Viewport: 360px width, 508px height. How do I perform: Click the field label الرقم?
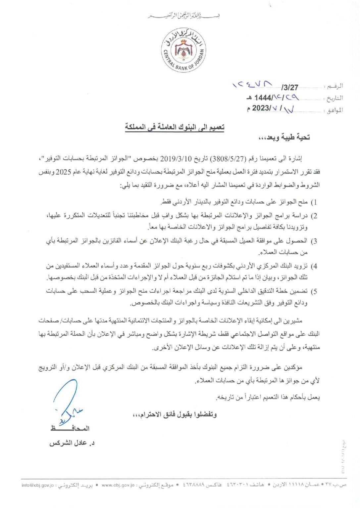click(335, 87)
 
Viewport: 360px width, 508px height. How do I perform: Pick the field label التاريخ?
click(334, 98)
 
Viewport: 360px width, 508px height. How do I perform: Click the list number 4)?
click(315, 266)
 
